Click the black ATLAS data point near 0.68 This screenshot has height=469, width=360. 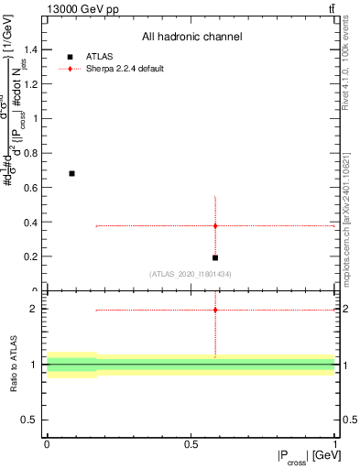click(71, 173)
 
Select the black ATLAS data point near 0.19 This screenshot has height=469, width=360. click(215, 257)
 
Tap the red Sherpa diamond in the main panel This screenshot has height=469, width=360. click(215, 225)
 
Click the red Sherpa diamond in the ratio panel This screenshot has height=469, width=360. click(215, 310)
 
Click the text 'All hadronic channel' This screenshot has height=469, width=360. click(191, 38)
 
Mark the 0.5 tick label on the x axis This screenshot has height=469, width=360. click(191, 443)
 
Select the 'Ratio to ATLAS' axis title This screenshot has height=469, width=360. click(13, 365)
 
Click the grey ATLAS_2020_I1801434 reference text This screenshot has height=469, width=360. click(191, 275)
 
